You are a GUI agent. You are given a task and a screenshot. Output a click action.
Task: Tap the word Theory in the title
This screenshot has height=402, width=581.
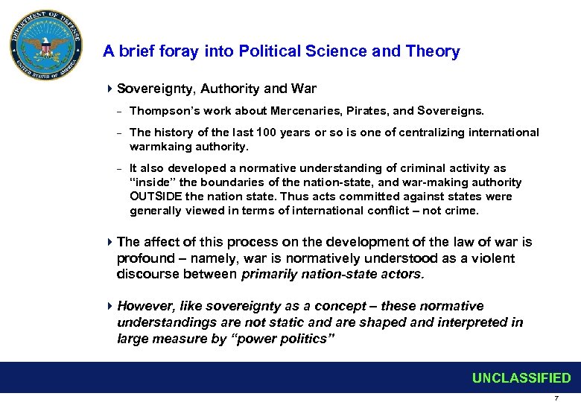(433, 51)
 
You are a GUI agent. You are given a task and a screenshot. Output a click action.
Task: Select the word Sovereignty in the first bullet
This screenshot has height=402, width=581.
(152, 89)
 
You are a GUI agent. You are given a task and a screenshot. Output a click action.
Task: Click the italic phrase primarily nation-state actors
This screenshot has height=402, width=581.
(332, 275)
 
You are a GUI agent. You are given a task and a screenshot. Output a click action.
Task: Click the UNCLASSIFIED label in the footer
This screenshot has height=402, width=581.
(521, 378)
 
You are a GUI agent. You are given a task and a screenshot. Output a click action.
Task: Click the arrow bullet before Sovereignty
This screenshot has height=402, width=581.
(109, 89)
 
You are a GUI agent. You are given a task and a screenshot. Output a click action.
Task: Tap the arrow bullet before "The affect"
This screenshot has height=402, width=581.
(109, 242)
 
